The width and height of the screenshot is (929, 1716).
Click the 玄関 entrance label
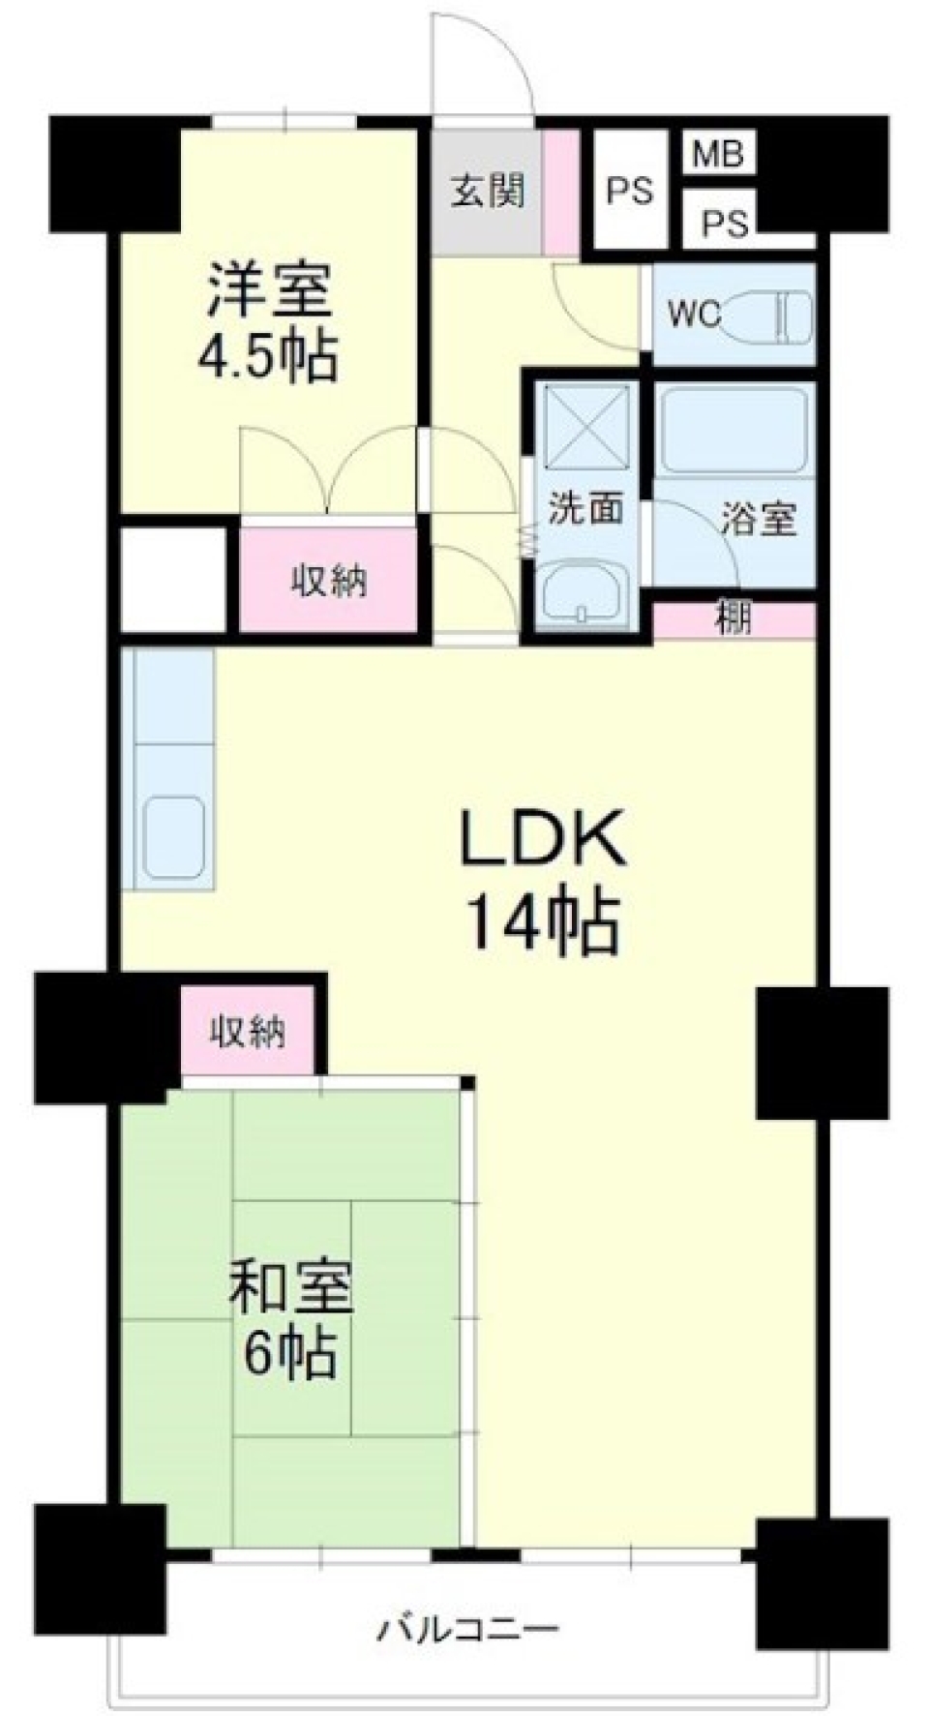click(487, 191)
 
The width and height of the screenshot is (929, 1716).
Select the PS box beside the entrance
click(629, 192)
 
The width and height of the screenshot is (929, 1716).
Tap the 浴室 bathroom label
click(758, 520)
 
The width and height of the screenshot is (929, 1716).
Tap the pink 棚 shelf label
click(734, 618)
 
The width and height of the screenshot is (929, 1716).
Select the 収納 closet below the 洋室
click(329, 582)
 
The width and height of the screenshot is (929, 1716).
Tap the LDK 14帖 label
click(543, 880)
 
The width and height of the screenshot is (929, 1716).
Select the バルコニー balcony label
click(467, 1629)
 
